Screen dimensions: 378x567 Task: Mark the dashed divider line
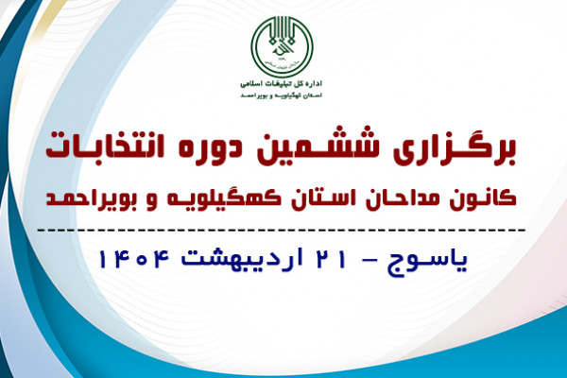283,230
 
